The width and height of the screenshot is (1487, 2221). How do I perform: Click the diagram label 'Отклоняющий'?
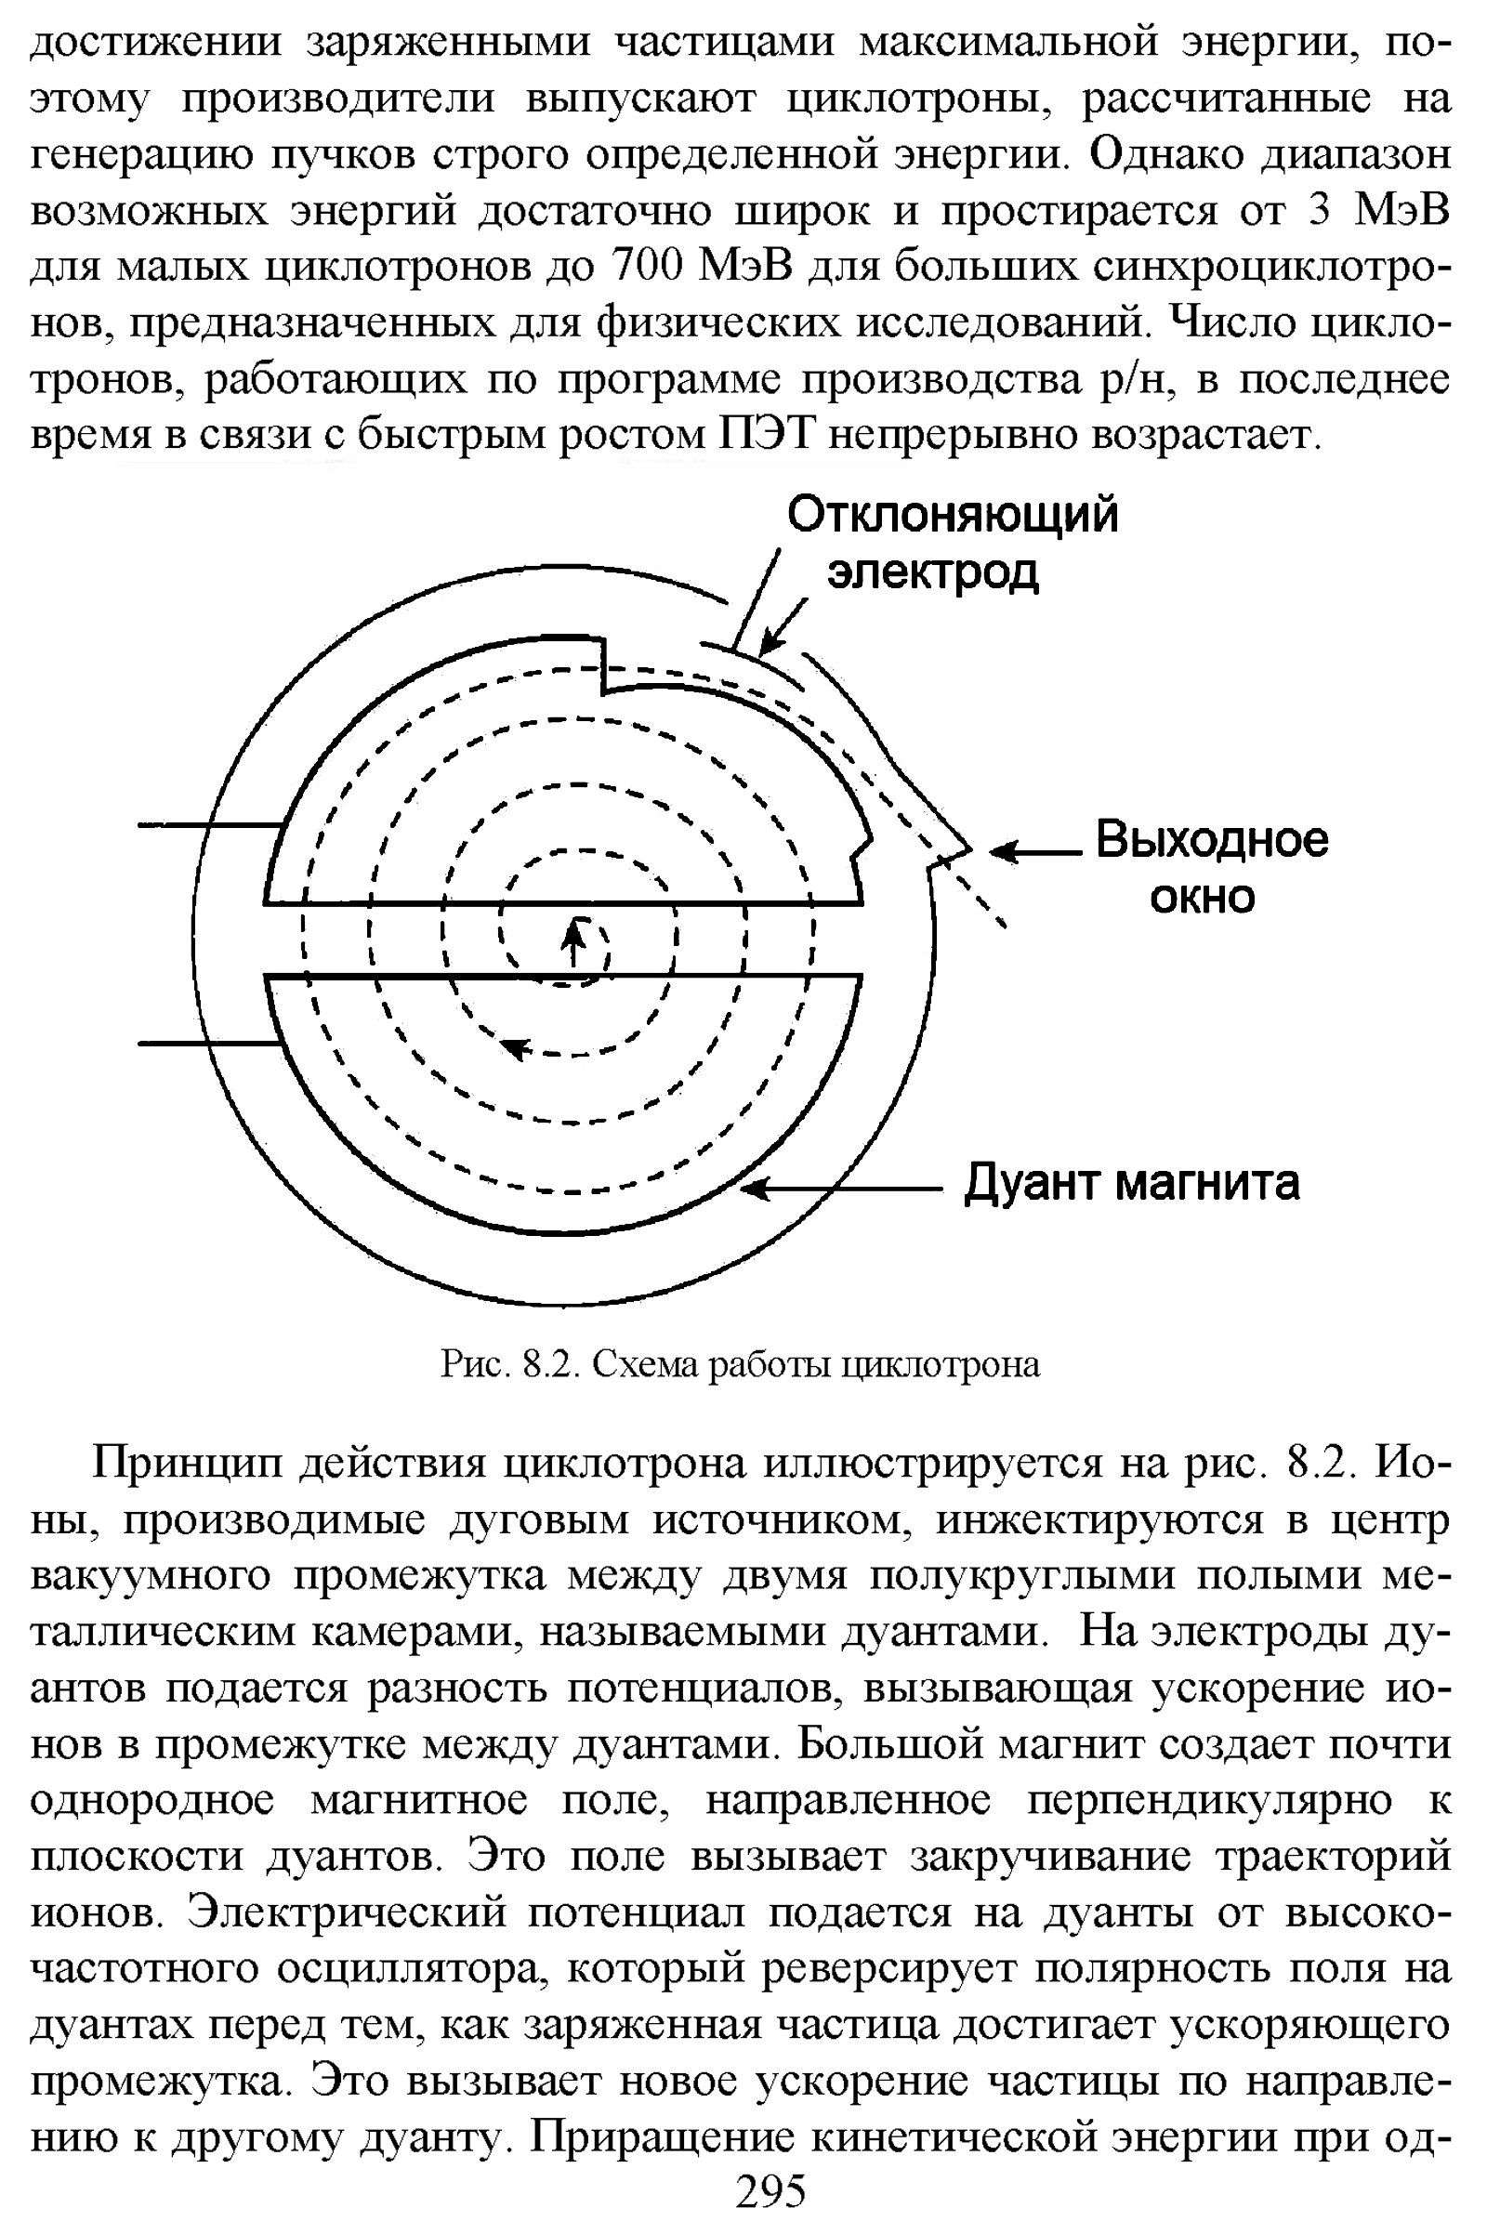pos(952,517)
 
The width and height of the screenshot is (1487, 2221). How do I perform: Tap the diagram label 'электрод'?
pos(933,572)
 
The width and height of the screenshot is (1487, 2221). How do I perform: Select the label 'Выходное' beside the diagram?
pos(1212,840)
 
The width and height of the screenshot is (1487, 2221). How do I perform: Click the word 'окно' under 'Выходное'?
pos(1202,896)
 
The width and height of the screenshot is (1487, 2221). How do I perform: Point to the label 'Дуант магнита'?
pos(1131,1184)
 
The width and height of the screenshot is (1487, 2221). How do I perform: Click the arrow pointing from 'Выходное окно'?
pos(1034,851)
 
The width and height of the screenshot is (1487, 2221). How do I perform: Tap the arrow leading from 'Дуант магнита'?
pos(839,1189)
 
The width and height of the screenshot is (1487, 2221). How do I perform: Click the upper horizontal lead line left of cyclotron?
pos(210,825)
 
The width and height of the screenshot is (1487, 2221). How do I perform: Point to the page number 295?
pos(770,2191)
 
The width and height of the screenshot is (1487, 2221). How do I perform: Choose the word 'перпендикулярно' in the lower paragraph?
pos(1208,1800)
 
